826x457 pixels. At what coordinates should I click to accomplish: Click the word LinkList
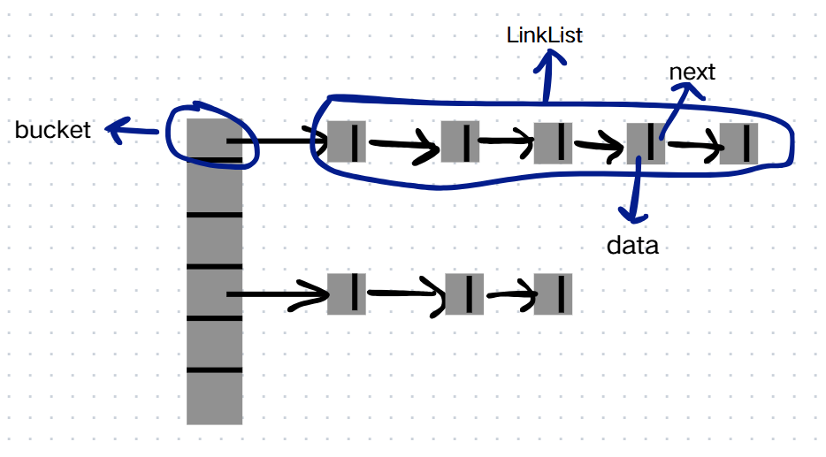[544, 35]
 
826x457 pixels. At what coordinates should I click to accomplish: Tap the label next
[692, 72]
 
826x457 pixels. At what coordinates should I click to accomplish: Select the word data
[632, 246]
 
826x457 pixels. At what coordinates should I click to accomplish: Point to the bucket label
[53, 130]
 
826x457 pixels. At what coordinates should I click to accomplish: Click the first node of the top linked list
[346, 141]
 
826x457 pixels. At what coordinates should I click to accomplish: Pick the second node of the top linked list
[460, 141]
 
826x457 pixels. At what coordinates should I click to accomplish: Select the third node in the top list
[553, 142]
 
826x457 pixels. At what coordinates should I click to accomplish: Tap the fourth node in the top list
[646, 143]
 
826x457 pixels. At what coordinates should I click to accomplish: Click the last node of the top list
[738, 144]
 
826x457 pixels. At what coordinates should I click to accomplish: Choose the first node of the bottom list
[346, 294]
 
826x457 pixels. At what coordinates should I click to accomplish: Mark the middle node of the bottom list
[464, 294]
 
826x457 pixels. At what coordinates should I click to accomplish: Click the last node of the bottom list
[553, 294]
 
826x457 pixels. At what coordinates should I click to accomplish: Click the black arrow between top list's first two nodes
[403, 144]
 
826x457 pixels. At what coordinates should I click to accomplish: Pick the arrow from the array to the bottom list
[277, 294]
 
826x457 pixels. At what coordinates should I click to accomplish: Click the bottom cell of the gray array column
[214, 398]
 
